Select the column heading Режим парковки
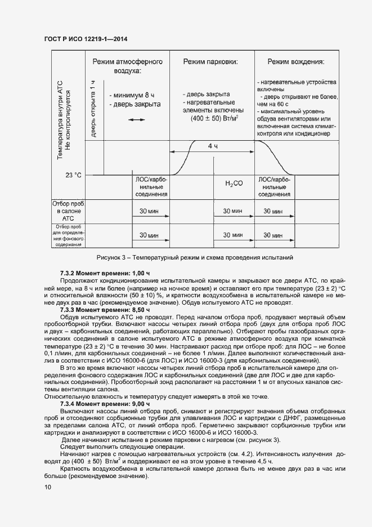210,61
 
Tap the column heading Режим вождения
295,61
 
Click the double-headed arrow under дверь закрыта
136,120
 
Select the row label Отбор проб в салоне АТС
68,211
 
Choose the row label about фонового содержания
68,235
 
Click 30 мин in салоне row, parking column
232,211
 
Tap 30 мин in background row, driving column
270,235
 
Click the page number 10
47,488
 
